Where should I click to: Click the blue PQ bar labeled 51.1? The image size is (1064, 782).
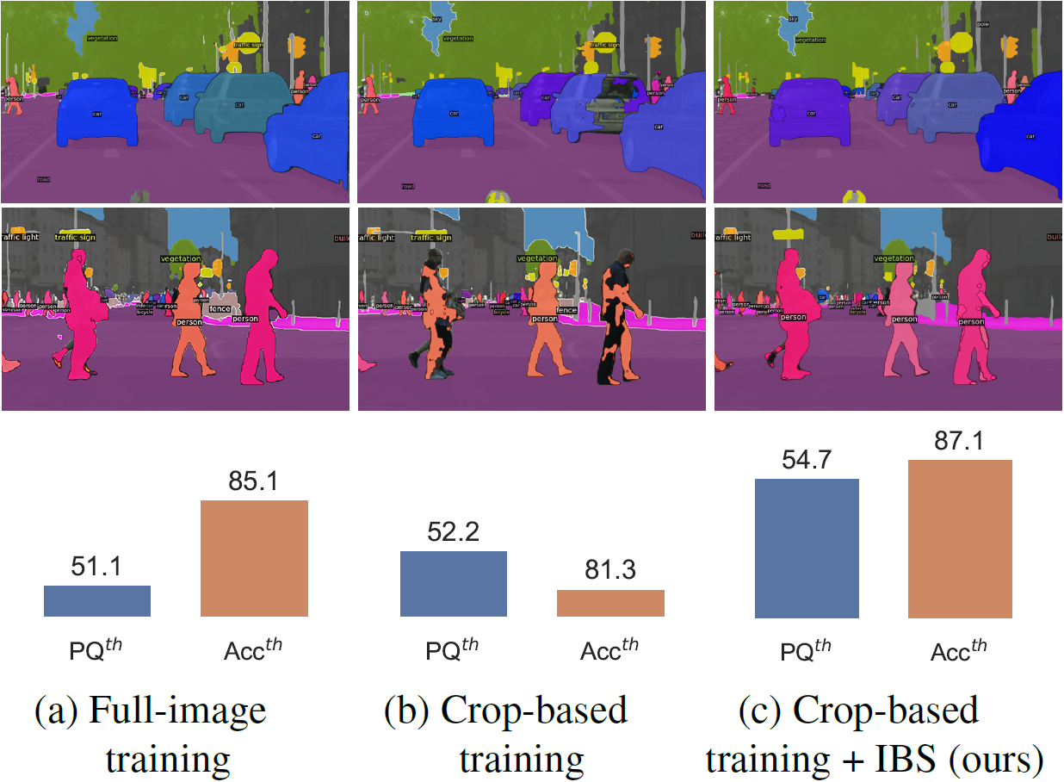coord(97,601)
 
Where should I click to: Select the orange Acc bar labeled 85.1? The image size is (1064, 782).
coord(254,558)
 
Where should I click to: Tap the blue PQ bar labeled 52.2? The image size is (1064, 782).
coord(454,584)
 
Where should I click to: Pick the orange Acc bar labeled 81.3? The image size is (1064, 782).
coord(610,603)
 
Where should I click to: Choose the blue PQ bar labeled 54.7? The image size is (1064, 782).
coord(807,548)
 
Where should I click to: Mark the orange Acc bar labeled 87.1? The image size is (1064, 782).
coord(960,538)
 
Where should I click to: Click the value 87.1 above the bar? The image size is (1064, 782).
coord(960,441)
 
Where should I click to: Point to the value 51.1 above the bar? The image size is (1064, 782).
coord(97,567)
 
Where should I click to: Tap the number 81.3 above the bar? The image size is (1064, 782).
coord(610,571)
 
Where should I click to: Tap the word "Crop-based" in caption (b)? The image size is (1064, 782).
coord(534,711)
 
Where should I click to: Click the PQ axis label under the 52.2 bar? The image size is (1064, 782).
coord(450,650)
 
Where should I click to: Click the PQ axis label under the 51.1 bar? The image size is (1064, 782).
coord(94,650)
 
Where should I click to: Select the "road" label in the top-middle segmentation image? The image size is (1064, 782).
coord(408,186)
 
